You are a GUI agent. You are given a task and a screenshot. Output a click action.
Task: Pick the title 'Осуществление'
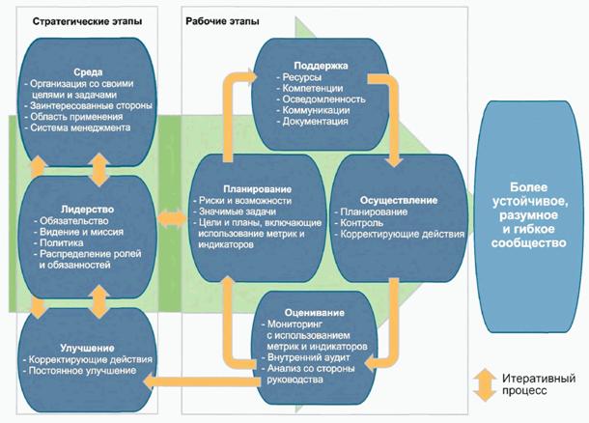point(398,200)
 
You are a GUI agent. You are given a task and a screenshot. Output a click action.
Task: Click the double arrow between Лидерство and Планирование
point(173,222)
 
